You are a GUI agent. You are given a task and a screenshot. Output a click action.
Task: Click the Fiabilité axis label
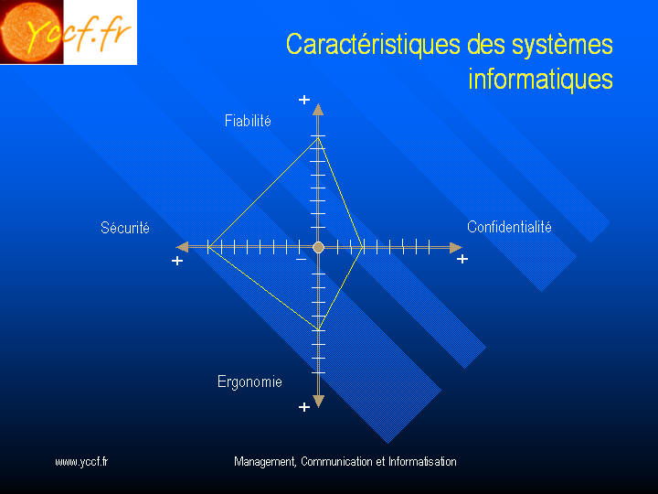(248, 121)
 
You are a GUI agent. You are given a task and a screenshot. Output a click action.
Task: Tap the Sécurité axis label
(125, 228)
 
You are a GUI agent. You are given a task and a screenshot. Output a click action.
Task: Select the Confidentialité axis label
(509, 227)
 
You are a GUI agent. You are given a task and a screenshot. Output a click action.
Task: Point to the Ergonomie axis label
(249, 381)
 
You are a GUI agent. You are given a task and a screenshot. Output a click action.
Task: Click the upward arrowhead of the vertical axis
(318, 110)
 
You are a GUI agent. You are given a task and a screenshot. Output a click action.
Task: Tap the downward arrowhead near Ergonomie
(319, 402)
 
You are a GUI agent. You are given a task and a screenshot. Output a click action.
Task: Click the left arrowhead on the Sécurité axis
(183, 247)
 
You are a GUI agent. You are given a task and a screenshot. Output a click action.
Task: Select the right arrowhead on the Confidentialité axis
(456, 247)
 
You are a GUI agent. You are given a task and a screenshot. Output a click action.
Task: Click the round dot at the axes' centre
(319, 247)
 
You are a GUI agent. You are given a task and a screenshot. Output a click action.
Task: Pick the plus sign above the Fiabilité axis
(304, 100)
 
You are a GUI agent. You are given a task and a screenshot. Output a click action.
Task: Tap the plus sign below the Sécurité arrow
(177, 261)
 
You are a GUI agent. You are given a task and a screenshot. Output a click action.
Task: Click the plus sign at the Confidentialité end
(462, 259)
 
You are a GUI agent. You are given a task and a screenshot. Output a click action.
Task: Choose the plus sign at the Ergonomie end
(304, 407)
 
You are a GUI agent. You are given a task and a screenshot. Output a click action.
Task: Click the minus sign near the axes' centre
(301, 260)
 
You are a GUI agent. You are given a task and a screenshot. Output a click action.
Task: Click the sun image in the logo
(30, 31)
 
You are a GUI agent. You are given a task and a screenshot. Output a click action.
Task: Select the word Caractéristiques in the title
(373, 44)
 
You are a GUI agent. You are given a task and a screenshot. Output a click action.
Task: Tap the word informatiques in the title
(540, 79)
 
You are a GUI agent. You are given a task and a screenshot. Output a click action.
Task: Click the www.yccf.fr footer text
(81, 462)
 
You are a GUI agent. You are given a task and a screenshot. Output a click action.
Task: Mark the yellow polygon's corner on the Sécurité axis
(208, 247)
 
